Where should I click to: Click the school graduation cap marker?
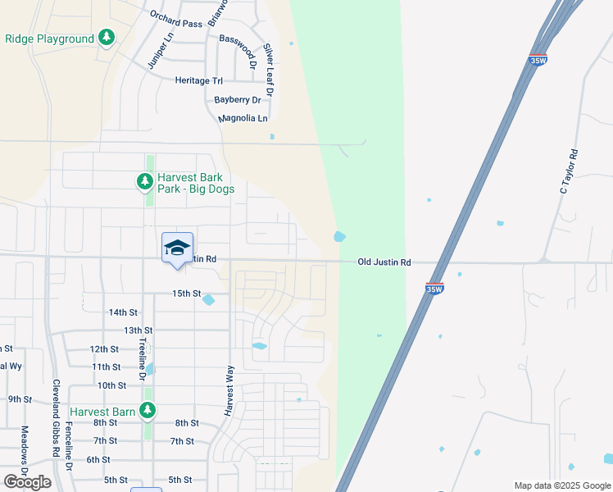177,248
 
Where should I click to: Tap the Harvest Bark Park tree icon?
145,181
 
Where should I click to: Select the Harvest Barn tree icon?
148,410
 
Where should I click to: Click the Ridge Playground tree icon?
106,38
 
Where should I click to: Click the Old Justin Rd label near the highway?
384,262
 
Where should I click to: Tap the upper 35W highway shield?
538,60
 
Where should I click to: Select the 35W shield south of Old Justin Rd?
434,288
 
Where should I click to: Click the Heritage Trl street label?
199,80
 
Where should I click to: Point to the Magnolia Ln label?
243,119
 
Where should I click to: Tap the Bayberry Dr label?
237,100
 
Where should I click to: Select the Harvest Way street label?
229,389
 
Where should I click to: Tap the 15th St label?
186,293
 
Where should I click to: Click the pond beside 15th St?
209,300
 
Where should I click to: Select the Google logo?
27,481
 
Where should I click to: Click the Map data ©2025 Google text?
561,485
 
